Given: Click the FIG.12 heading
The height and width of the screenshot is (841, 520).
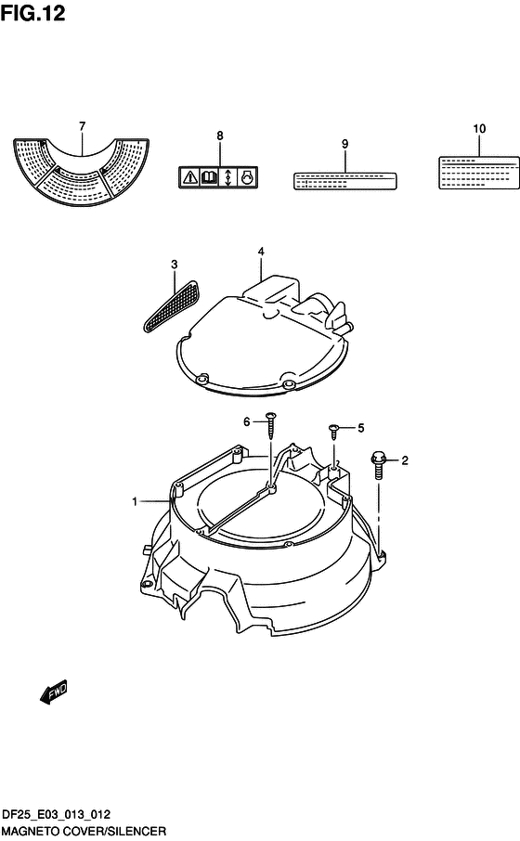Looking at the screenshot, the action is [x=32, y=13].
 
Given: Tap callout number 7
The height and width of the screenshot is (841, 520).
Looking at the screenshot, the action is [x=82, y=126].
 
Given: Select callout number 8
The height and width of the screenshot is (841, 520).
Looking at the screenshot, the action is [x=219, y=136].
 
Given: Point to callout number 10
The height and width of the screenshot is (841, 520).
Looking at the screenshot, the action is [x=479, y=129].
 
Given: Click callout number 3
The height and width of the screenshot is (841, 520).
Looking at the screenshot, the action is [x=175, y=265].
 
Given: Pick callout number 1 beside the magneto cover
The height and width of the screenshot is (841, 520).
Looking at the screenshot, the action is [x=135, y=501].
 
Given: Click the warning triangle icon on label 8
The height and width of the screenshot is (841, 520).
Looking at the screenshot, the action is [x=189, y=177].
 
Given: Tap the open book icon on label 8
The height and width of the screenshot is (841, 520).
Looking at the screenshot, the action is [x=209, y=177].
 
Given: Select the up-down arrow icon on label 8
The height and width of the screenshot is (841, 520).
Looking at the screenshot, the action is [x=228, y=177].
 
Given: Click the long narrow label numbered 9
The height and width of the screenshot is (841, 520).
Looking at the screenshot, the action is [x=345, y=181].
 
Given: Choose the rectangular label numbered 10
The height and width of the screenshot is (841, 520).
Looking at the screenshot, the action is [x=479, y=173].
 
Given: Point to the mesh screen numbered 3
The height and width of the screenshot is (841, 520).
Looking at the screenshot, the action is [x=171, y=304].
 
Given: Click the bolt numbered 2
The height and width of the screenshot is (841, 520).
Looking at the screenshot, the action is [x=378, y=466].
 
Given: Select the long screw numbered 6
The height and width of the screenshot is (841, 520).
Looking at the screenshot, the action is [x=270, y=425].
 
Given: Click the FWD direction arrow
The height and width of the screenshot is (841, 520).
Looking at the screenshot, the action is [x=54, y=692].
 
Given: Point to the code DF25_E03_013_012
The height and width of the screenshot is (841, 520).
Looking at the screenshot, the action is [x=57, y=814].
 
